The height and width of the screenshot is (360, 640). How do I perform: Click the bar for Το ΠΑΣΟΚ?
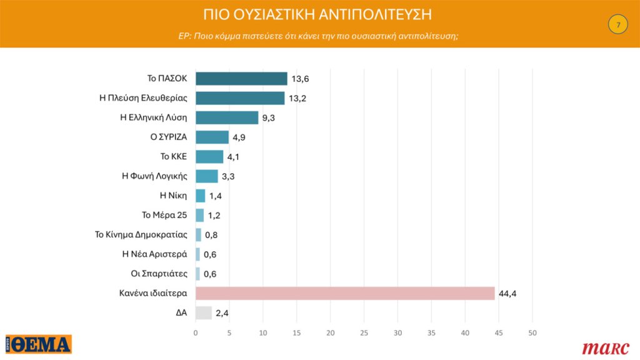pos(241,79)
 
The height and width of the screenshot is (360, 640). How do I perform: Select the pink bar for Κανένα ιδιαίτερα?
pos(345,294)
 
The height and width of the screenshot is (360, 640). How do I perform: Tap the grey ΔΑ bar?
pos(204,313)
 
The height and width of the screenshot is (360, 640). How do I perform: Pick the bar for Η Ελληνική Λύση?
pos(227,117)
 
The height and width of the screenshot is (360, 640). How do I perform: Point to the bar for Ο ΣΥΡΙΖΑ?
pos(212,137)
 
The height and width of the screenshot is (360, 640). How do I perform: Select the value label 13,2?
pos(297,99)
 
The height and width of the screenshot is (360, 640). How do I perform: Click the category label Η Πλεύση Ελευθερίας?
pos(143,98)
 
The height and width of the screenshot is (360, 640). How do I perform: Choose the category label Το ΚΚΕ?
pos(174,157)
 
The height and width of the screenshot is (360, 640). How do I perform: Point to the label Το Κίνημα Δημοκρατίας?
pos(141,235)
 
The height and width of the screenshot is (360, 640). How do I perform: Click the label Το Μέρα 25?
pos(164,216)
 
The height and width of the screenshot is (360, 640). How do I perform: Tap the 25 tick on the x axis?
pos(364,332)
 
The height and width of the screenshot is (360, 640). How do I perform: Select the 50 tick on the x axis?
pos(532,332)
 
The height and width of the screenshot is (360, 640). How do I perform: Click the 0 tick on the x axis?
pos(196,332)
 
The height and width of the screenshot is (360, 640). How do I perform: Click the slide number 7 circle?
pos(617,25)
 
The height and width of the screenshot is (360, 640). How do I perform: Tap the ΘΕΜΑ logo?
pos(39,344)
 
